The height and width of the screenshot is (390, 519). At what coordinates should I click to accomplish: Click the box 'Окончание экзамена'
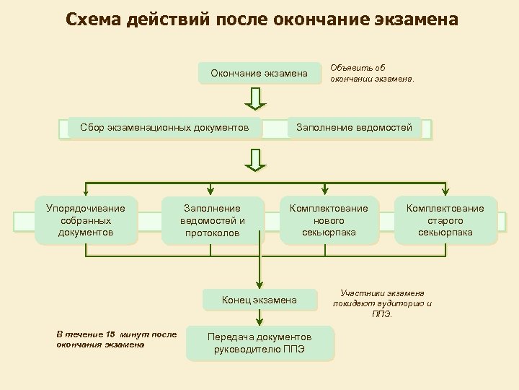[259, 74]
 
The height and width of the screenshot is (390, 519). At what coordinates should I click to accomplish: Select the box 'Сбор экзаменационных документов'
[165, 128]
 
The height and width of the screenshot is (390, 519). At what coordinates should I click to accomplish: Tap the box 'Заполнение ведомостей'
[355, 128]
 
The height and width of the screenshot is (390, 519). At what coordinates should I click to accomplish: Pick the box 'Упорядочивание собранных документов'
[86, 220]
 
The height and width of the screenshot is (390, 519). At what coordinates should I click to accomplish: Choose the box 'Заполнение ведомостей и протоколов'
[213, 220]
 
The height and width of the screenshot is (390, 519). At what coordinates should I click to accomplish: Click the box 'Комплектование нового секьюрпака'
[329, 220]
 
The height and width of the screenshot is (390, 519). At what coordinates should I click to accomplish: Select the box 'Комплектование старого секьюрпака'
[445, 220]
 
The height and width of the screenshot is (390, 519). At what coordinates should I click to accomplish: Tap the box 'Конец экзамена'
[259, 300]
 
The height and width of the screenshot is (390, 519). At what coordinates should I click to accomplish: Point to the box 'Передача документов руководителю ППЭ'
[259, 343]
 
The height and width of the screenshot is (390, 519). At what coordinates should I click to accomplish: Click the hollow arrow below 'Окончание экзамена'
[256, 99]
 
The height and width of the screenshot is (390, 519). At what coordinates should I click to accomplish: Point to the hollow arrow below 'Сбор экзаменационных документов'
[256, 160]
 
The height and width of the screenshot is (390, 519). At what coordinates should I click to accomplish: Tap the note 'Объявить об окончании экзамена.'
[372, 74]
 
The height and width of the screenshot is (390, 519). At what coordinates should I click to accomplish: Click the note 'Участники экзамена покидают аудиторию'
[382, 303]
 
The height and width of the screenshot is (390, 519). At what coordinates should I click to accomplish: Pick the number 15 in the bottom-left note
[110, 334]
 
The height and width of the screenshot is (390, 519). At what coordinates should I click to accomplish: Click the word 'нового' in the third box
[329, 220]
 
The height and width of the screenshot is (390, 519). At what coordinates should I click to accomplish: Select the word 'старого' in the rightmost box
[445, 220]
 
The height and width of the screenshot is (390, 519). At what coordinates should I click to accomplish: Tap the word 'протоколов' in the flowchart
[213, 233]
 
